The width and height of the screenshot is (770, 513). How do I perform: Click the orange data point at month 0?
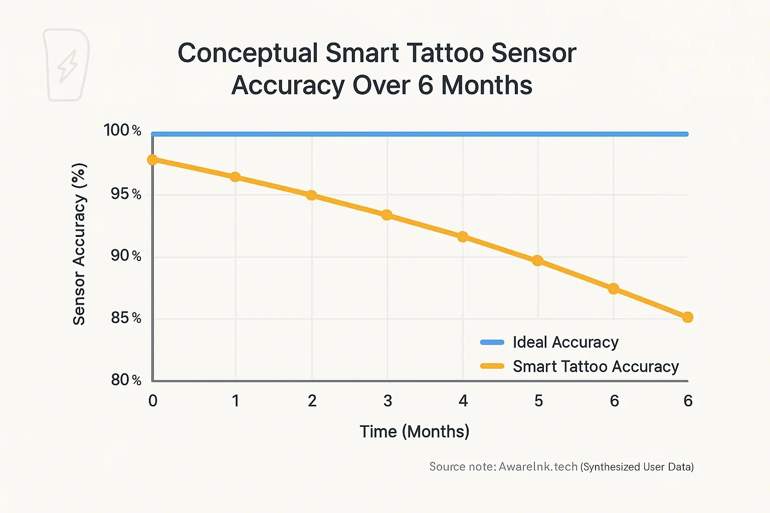click(x=152, y=160)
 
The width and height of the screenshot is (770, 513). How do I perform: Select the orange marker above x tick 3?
click(x=387, y=215)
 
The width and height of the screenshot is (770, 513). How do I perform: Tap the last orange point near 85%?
click(x=688, y=317)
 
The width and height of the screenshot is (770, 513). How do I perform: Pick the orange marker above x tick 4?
click(x=463, y=236)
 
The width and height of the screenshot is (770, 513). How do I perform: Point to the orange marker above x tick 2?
click(x=311, y=195)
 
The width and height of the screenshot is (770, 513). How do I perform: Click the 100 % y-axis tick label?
click(x=122, y=130)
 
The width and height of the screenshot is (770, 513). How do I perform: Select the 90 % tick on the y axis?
click(x=126, y=256)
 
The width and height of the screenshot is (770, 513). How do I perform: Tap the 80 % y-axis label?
click(x=126, y=380)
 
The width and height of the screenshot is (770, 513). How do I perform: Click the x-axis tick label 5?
click(x=538, y=401)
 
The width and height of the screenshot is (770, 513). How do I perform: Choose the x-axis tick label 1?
click(x=235, y=401)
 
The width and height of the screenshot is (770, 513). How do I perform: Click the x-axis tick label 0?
click(x=153, y=401)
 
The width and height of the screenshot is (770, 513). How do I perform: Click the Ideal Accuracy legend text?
click(x=565, y=342)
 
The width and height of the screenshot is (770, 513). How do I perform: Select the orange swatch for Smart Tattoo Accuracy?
click(x=492, y=366)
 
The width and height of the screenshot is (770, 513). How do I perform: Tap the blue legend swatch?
click(x=492, y=342)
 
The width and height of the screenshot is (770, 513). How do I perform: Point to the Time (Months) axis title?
click(x=414, y=431)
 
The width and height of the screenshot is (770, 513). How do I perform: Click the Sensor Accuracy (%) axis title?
click(x=79, y=244)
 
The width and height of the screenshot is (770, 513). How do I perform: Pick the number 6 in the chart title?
click(x=425, y=85)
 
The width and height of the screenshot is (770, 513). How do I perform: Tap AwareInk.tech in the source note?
click(x=538, y=467)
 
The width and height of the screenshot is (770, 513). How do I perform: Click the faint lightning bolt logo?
click(x=67, y=65)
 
